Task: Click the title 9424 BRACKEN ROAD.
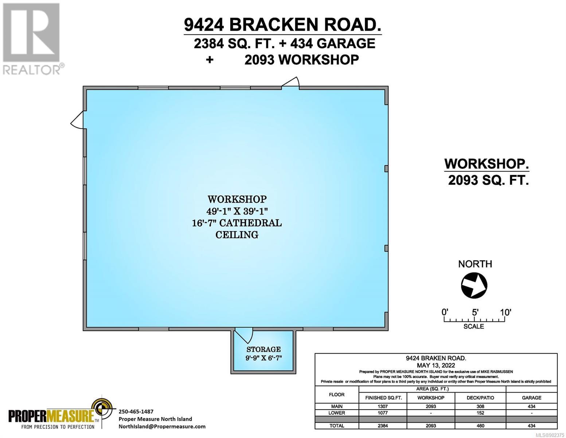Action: (x=282, y=25)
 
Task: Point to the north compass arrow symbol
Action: (x=474, y=285)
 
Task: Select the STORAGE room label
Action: (x=264, y=349)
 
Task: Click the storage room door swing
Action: (x=243, y=336)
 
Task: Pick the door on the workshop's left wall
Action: (x=77, y=120)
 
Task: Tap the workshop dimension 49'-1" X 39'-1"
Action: (x=237, y=211)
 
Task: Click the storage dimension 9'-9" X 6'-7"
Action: (x=264, y=358)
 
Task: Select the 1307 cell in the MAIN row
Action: (x=383, y=407)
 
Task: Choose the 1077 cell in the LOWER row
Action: (x=383, y=413)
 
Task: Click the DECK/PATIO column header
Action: (x=480, y=398)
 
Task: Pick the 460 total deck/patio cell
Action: (x=480, y=426)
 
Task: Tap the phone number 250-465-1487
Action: (x=136, y=411)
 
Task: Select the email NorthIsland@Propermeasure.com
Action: (x=162, y=427)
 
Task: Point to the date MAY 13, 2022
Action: (x=436, y=365)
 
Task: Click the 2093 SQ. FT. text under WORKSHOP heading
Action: (x=488, y=180)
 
